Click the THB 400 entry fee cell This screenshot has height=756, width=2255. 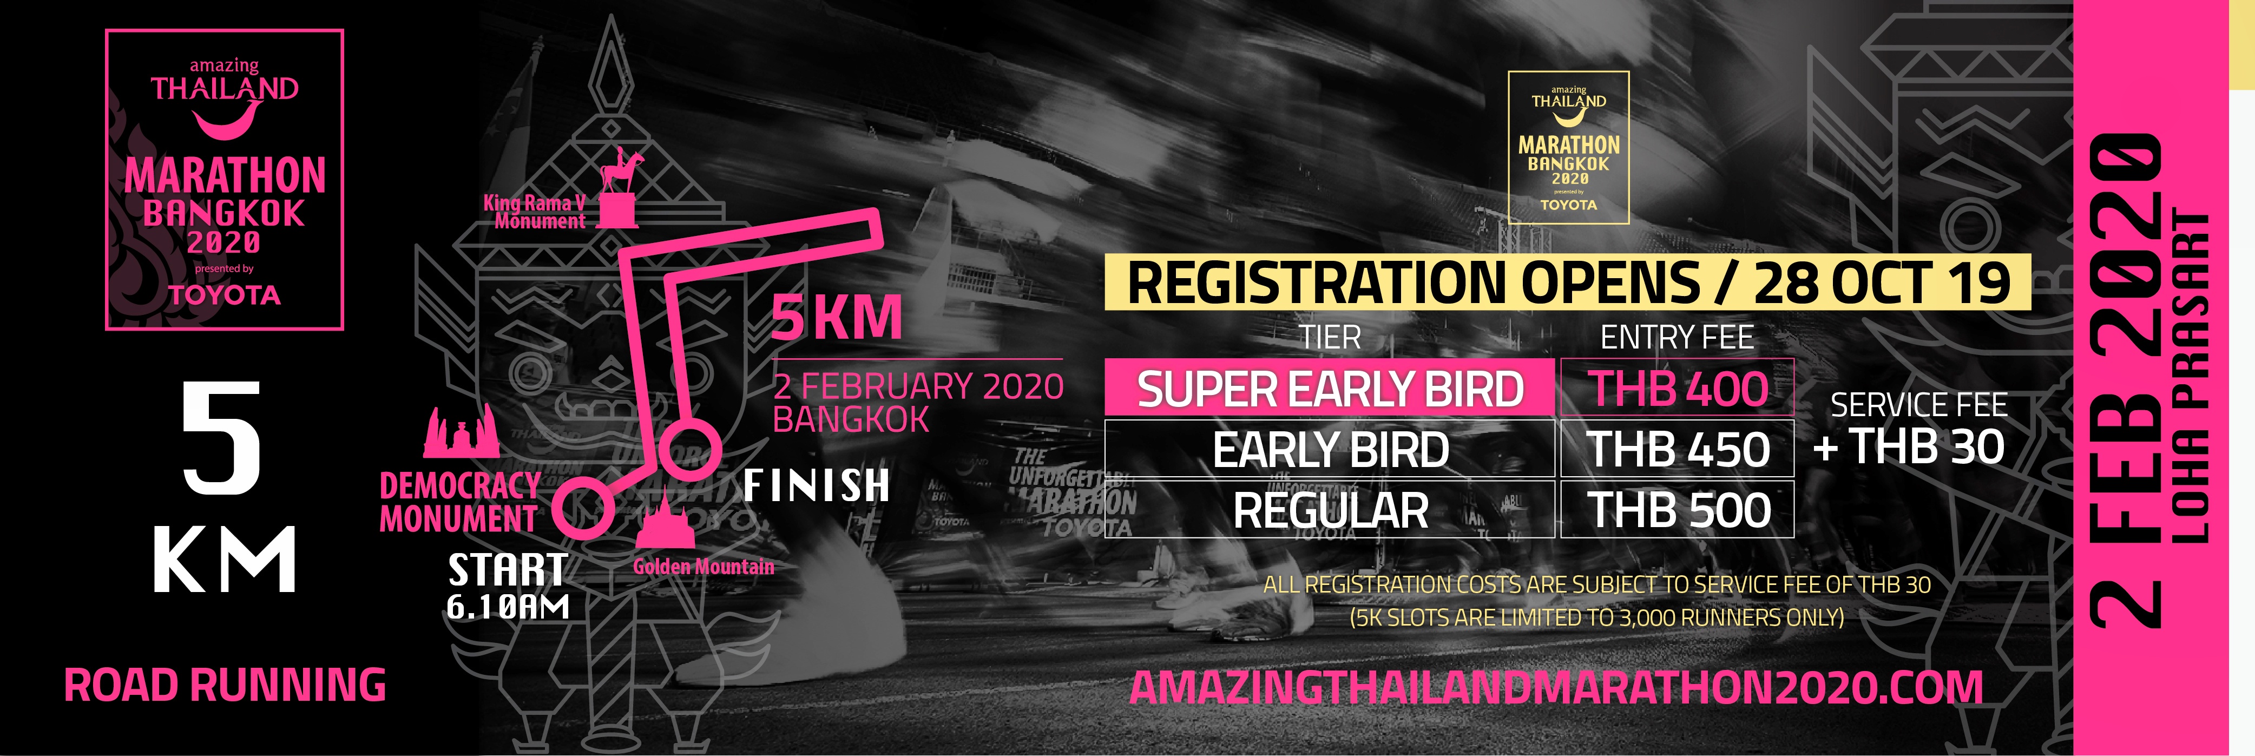(1677, 387)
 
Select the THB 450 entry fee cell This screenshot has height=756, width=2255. (1677, 448)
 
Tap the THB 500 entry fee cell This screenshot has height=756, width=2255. (1677, 508)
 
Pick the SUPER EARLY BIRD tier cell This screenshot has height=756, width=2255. (1330, 387)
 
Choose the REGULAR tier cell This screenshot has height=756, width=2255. (1330, 508)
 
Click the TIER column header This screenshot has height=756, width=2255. (1330, 337)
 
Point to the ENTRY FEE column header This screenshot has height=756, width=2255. (1677, 337)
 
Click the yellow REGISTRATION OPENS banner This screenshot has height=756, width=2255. (1567, 282)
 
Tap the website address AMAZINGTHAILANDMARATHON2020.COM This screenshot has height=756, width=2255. (1556, 687)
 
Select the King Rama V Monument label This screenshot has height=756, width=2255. (535, 212)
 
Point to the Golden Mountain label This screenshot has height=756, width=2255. (704, 566)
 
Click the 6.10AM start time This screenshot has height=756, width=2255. (508, 607)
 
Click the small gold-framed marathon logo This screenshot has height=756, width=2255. (1568, 147)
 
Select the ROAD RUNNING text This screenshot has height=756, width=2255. (225, 685)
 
